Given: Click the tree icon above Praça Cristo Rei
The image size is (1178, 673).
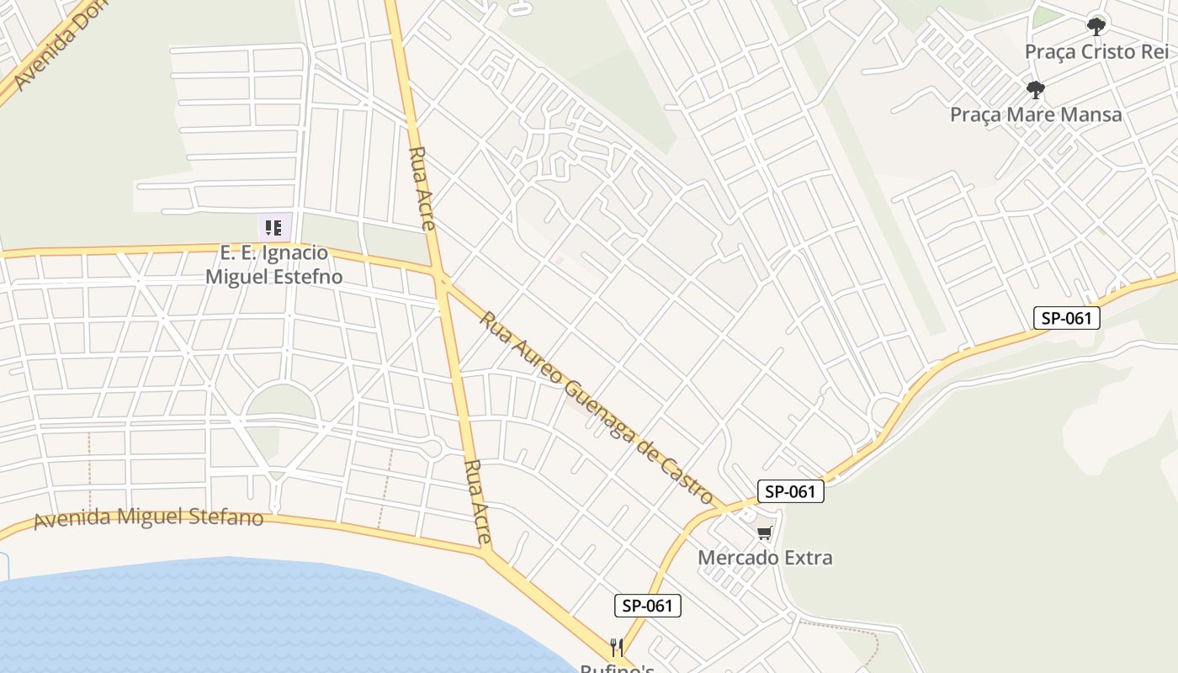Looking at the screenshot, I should [x=1096, y=27].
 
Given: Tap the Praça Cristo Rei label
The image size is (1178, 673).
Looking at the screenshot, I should [x=1096, y=52].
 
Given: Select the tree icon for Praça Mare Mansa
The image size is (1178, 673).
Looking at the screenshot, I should [x=1036, y=89].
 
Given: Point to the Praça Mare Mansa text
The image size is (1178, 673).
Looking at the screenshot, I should [x=1036, y=114].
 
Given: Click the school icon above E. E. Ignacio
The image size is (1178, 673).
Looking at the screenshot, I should [x=273, y=227].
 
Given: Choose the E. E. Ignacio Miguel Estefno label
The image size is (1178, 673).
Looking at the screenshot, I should [x=273, y=264].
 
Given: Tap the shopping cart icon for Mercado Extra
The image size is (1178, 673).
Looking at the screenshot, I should [x=764, y=533].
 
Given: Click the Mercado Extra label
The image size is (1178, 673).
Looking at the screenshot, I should [x=765, y=557].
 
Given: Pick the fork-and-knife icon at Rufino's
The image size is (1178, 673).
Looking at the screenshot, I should [x=617, y=647].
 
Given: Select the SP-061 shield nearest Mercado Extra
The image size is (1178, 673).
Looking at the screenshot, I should [x=790, y=492].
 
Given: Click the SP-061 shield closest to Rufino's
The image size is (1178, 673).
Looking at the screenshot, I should [x=647, y=606].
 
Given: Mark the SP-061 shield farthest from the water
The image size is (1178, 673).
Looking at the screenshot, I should [x=1066, y=318].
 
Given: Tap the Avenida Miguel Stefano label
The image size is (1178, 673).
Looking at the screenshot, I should [x=148, y=517].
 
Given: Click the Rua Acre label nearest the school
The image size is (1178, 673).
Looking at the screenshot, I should [x=420, y=188].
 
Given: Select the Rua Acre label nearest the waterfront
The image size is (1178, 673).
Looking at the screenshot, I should [x=477, y=501].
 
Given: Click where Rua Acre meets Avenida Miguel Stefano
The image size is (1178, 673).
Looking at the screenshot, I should [x=486, y=553].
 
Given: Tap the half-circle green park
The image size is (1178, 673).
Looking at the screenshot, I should [x=281, y=401].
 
